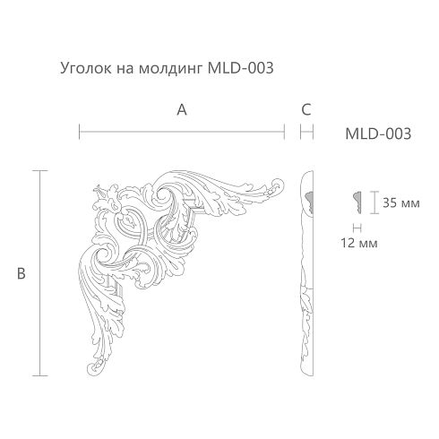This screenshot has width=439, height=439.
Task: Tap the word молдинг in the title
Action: [x=170, y=69]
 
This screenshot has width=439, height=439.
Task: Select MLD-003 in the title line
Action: [x=240, y=68]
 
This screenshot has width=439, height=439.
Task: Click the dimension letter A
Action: [x=182, y=110]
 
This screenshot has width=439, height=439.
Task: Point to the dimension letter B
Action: [x=22, y=273]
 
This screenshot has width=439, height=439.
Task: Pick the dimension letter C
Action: [x=306, y=110]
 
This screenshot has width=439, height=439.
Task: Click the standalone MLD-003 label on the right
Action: [x=378, y=133]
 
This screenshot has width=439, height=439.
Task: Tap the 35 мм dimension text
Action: [x=401, y=203]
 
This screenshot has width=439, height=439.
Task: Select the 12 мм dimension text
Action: [x=359, y=243]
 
